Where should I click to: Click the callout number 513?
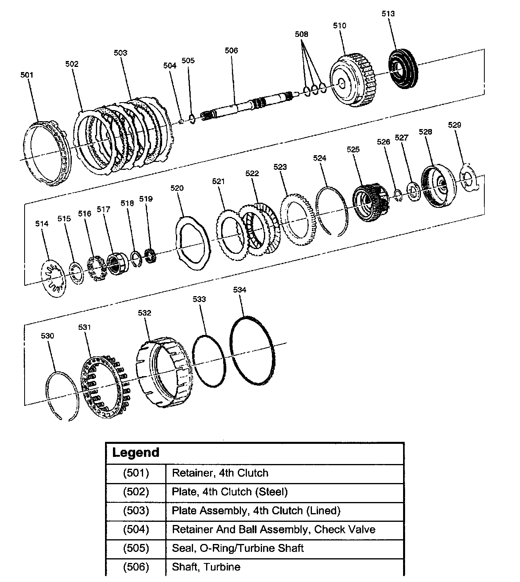pyautogui.click(x=388, y=13)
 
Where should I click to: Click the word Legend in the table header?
pyautogui.click(x=136, y=453)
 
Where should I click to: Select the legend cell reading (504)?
pyautogui.click(x=136, y=529)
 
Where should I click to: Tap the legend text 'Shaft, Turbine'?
pyautogui.click(x=206, y=567)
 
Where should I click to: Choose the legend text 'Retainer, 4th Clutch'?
pyautogui.click(x=220, y=473)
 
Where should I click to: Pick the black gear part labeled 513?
pyautogui.click(x=401, y=69)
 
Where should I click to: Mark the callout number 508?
pyautogui.click(x=301, y=34)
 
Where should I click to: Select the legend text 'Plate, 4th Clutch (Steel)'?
pyautogui.click(x=229, y=492)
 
